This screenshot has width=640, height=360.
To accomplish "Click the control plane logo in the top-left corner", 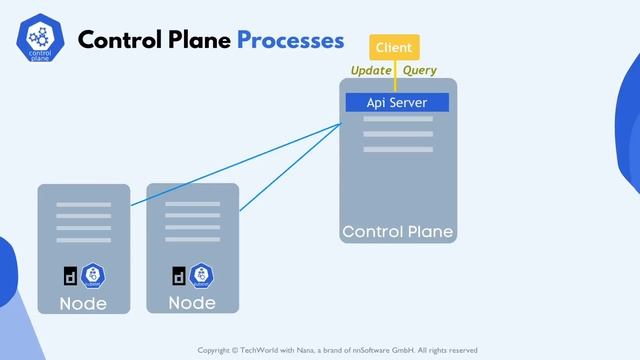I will (x=40, y=41).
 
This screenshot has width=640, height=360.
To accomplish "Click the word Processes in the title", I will (x=290, y=40).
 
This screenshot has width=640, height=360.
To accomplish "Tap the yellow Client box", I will (x=394, y=47).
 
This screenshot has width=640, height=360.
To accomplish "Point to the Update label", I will (x=370, y=70).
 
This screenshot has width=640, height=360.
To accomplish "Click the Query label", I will (x=419, y=70).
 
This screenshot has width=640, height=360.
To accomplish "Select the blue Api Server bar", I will (x=397, y=102).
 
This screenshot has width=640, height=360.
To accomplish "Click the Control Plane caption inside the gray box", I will (x=397, y=232).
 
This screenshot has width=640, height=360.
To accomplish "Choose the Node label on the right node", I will (x=192, y=302).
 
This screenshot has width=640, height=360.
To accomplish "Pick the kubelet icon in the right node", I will (x=201, y=275).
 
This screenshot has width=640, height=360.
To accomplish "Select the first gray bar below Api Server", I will (x=397, y=119).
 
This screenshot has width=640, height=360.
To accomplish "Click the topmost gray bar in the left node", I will (x=83, y=205).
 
